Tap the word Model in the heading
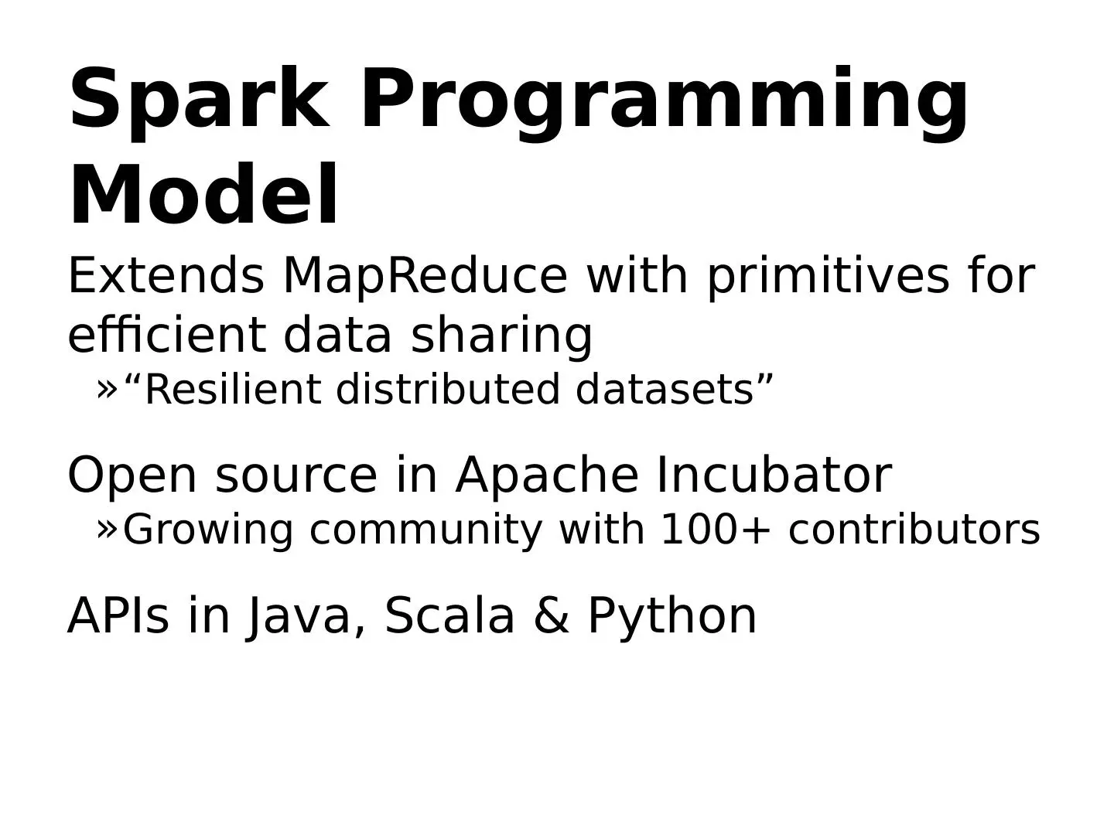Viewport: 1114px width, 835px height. point(203,194)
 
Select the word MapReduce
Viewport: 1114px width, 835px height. point(425,278)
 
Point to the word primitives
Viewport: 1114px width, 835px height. point(827,278)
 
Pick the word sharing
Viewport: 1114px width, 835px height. point(501,336)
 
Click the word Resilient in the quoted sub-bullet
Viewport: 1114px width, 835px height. point(233,390)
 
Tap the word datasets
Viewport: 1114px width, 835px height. point(665,390)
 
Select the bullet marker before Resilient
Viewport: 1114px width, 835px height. point(107,390)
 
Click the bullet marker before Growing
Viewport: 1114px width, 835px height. point(107,530)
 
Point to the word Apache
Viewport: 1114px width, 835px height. point(547,476)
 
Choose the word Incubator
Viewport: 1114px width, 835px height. point(774,475)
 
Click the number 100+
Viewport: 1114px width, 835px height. point(716,530)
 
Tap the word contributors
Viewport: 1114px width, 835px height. point(914,530)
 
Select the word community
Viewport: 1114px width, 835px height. point(425,531)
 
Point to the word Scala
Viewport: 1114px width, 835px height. point(449,615)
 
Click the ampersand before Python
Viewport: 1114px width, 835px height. point(551,616)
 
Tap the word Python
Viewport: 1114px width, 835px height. point(672,618)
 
